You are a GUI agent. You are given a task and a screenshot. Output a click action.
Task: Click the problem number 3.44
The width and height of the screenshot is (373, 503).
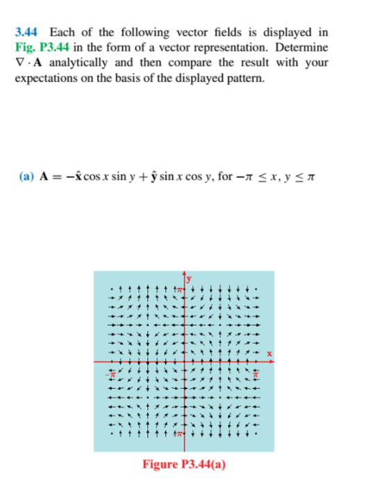pos(25,32)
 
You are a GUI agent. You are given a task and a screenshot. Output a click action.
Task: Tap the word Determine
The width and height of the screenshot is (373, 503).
pos(304,47)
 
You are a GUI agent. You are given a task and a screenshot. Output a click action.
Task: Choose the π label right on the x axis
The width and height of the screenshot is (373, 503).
pos(254,374)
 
